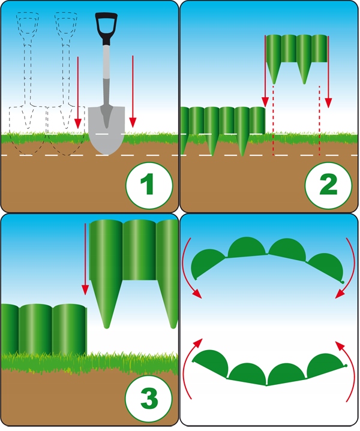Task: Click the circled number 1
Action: (149, 185)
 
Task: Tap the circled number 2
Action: (328, 185)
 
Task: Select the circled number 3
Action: (149, 398)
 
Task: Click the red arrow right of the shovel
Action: (133, 92)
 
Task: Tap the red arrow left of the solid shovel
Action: (78, 92)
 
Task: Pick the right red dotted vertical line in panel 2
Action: (319, 120)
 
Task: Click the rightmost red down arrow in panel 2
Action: (328, 71)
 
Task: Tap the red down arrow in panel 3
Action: (85, 259)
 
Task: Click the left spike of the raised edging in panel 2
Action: (274, 73)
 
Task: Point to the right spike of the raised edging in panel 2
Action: (304, 73)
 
